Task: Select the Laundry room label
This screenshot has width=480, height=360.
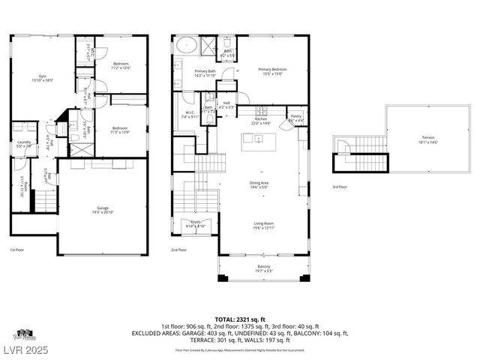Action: pos(24,144)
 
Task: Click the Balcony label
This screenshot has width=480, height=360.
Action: pos(263,268)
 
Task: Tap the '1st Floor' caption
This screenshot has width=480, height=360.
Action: pos(17,250)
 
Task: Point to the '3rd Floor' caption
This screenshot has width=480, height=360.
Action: pos(339,187)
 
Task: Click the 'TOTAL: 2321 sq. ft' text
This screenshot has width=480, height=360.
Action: pos(240,319)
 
